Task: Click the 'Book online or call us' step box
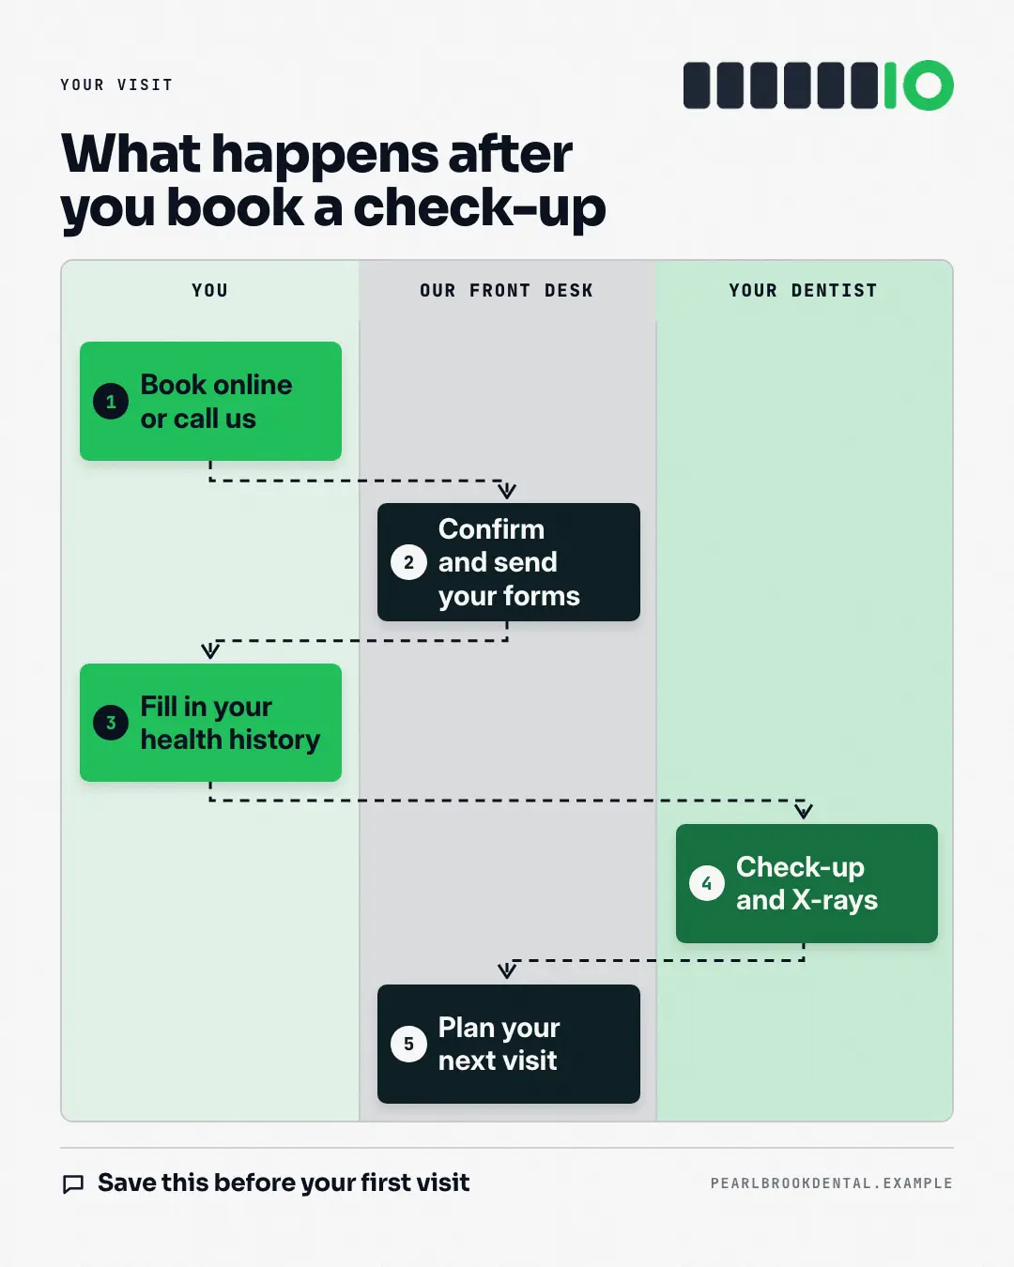point(210,401)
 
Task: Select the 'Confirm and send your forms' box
point(509,561)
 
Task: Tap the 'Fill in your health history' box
point(210,723)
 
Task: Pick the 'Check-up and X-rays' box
point(807,883)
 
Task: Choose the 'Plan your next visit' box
point(509,1044)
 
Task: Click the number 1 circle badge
point(111,402)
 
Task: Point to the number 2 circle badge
point(409,562)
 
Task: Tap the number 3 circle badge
point(111,723)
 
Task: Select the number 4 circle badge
point(707,883)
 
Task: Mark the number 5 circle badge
point(409,1044)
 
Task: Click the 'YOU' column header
point(209,290)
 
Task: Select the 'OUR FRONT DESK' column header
point(507,290)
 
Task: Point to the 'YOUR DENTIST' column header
point(804,290)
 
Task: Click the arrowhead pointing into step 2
point(507,491)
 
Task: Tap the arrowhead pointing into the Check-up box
point(804,811)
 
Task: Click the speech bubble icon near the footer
point(73,1183)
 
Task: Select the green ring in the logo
point(929,85)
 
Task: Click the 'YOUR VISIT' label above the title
point(116,84)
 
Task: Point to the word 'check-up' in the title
point(480,208)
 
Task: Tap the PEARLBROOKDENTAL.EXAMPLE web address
point(831,1183)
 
